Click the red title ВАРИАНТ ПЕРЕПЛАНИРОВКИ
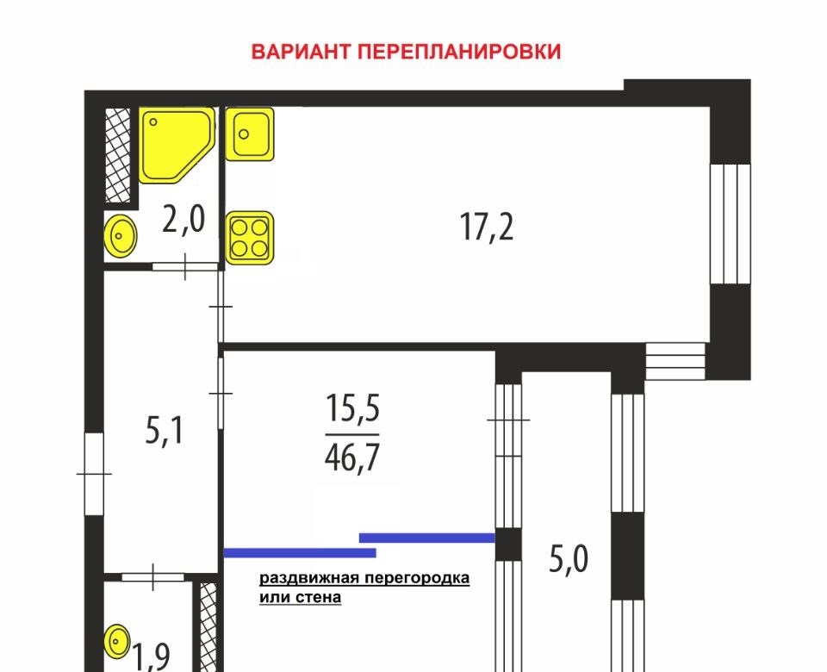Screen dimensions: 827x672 coord(406,52)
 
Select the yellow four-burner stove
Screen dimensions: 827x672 coord(250,238)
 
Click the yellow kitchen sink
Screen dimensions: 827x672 coord(250,134)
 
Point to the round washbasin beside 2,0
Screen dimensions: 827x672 coord(121,235)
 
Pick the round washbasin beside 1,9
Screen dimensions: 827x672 coord(116,641)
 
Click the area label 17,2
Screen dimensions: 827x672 coord(486,227)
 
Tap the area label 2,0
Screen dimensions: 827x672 coord(183,220)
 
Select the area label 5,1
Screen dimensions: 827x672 coord(164,431)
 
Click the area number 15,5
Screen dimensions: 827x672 coord(352,408)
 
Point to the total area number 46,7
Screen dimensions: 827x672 coord(352,457)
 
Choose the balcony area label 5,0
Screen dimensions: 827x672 coord(569,559)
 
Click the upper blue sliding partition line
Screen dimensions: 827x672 coord(427,538)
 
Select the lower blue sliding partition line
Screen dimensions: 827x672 coord(300,553)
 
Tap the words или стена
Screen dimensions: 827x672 coord(300,598)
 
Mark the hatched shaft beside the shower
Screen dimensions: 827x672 coord(118,155)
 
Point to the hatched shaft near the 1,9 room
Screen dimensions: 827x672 coord(208,627)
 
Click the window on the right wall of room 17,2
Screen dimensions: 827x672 coord(730,224)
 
